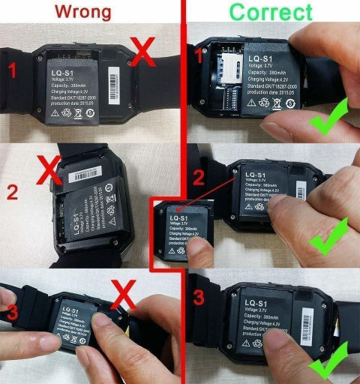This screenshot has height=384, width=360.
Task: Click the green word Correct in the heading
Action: tap(271, 13)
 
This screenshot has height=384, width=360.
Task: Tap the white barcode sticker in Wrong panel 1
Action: tap(114, 79)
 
